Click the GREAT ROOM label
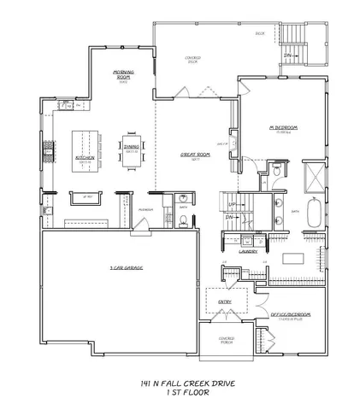[x=191, y=155]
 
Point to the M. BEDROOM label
[x=281, y=127]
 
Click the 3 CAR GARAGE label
[x=127, y=269]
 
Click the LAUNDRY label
[x=249, y=251]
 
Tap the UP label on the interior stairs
[x=231, y=206]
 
